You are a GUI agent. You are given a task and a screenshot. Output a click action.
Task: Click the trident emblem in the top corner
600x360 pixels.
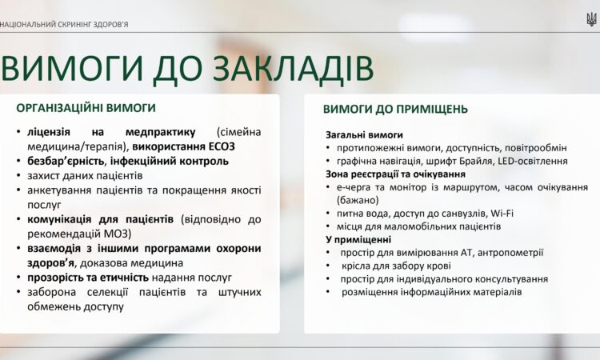point(591,18)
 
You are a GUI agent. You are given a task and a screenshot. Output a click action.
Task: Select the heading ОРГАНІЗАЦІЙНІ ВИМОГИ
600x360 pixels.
point(86,107)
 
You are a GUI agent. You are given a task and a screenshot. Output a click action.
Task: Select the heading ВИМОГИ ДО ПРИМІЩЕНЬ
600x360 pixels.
point(395,109)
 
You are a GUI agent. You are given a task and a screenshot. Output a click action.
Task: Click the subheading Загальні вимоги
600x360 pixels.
point(364,134)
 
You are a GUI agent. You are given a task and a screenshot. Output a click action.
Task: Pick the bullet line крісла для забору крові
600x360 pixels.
point(395,266)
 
